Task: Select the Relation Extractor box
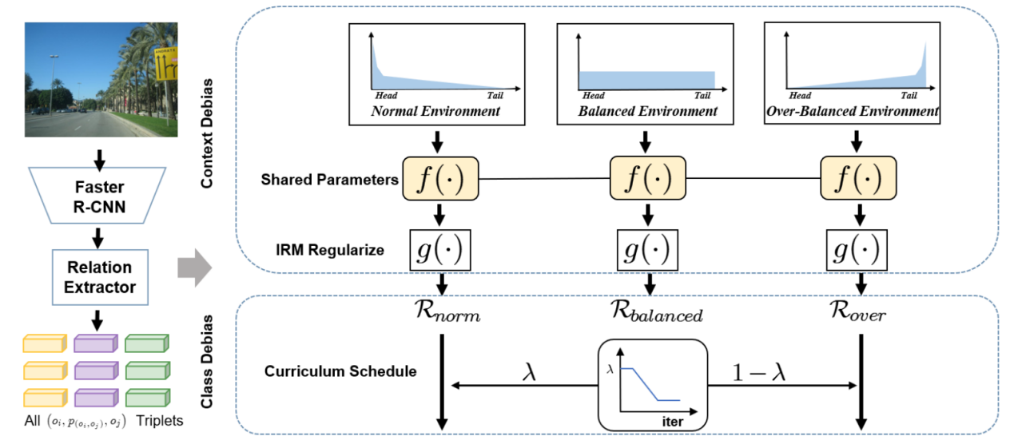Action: [x=100, y=276]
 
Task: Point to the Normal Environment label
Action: [x=435, y=111]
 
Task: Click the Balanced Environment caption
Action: [x=648, y=111]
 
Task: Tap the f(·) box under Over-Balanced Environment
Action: [x=859, y=178]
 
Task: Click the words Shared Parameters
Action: [x=329, y=180]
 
